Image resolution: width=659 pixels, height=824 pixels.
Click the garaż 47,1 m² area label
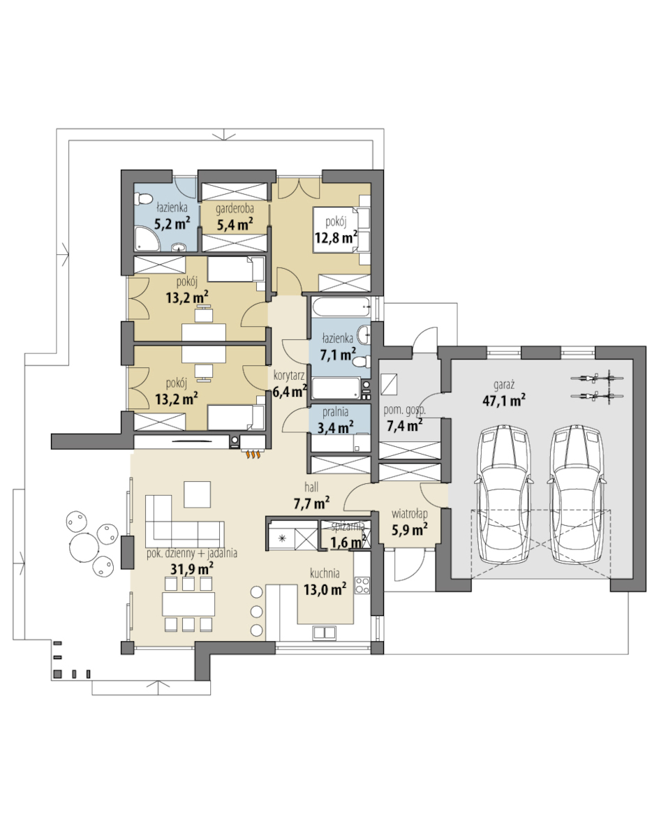504,394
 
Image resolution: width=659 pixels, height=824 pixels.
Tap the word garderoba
235,209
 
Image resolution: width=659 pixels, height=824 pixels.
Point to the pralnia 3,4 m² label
336,420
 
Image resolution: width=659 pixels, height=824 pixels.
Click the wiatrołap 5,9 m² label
409,522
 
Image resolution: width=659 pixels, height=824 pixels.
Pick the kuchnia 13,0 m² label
325,581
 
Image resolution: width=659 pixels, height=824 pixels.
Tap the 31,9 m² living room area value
191,568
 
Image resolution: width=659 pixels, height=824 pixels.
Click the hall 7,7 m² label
311,496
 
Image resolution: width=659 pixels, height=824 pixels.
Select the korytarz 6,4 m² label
290,383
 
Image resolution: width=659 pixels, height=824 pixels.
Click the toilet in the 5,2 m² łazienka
142,200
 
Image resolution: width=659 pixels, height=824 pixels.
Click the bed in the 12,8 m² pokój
341,230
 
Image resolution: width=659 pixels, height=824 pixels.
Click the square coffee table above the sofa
197,494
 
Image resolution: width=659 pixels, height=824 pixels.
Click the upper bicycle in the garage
597,377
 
